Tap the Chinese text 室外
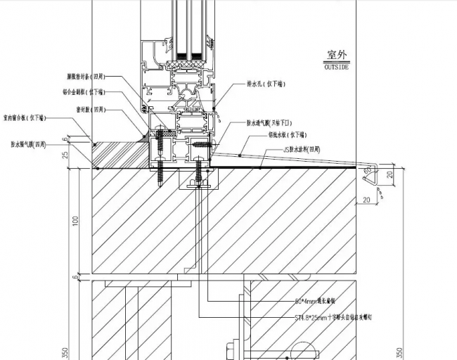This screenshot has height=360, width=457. pos(339,55)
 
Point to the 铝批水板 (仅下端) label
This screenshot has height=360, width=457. pos(285,134)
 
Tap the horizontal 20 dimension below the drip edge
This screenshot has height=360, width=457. pos(367,200)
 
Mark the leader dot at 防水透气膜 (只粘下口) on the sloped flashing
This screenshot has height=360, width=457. pos(240,153)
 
